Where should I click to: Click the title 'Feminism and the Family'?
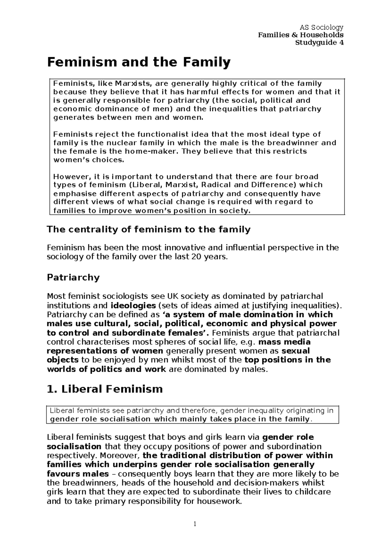click(x=139, y=62)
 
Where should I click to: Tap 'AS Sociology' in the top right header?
click(x=321, y=27)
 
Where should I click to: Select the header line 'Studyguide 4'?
click(x=319, y=43)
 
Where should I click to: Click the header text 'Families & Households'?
click(x=301, y=35)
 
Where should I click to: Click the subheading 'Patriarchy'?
click(x=73, y=277)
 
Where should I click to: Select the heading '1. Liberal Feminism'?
click(x=105, y=389)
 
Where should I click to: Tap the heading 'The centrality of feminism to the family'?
click(x=149, y=230)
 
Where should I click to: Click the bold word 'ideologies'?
click(x=133, y=305)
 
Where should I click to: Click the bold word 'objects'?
click(x=63, y=360)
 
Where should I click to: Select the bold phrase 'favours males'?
click(x=78, y=474)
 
